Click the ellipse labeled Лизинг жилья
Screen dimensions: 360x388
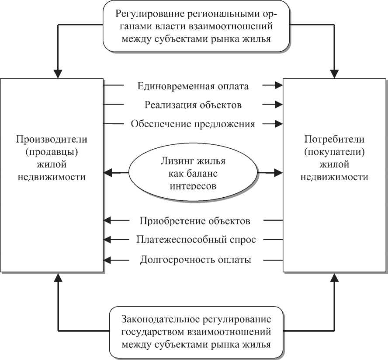tap(193, 173)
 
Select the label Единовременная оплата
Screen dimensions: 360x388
tap(193, 86)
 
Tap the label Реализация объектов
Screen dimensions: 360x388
tap(193, 105)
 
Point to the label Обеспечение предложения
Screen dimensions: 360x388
tap(193, 124)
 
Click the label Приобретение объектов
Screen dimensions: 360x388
tap(195, 220)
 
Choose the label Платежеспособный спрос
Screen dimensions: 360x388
tap(195, 240)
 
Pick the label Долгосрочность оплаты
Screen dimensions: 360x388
tap(195, 260)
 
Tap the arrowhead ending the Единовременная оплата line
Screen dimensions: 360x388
tap(278, 86)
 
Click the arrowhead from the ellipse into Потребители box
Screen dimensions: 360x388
tap(278, 173)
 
